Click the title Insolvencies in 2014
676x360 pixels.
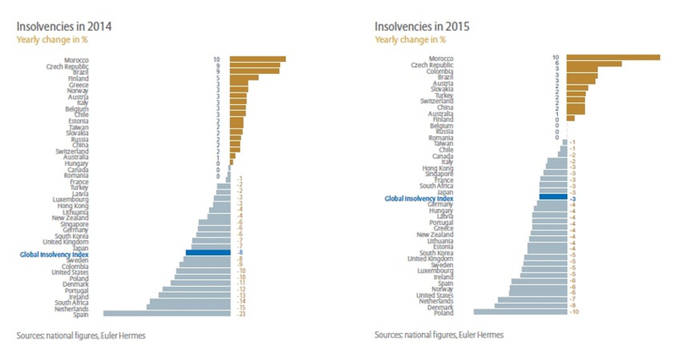(64, 27)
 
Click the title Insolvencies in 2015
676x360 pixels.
(422, 27)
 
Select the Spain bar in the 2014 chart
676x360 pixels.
(167, 314)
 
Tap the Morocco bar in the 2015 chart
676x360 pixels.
(613, 57)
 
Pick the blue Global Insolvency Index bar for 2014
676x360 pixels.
(208, 253)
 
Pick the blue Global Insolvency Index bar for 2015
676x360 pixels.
(553, 196)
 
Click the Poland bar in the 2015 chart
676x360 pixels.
(520, 311)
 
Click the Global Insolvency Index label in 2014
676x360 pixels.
(54, 255)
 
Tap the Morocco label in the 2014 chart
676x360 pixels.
(76, 60)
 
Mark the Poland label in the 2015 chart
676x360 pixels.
(444, 313)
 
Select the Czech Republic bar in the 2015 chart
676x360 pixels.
(594, 64)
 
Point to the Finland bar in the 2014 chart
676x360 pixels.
(244, 77)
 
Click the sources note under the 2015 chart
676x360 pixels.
(439, 335)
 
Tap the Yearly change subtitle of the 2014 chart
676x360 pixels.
(52, 39)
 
